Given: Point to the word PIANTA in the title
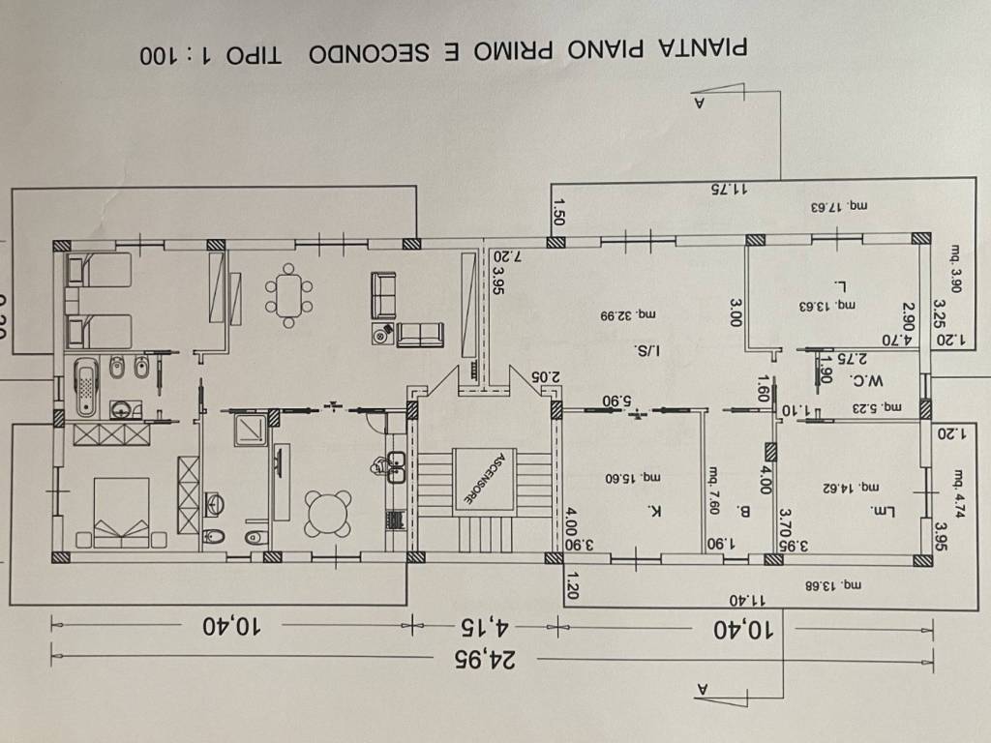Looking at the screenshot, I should click(710, 50).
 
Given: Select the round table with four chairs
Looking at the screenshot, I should click(327, 513).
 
